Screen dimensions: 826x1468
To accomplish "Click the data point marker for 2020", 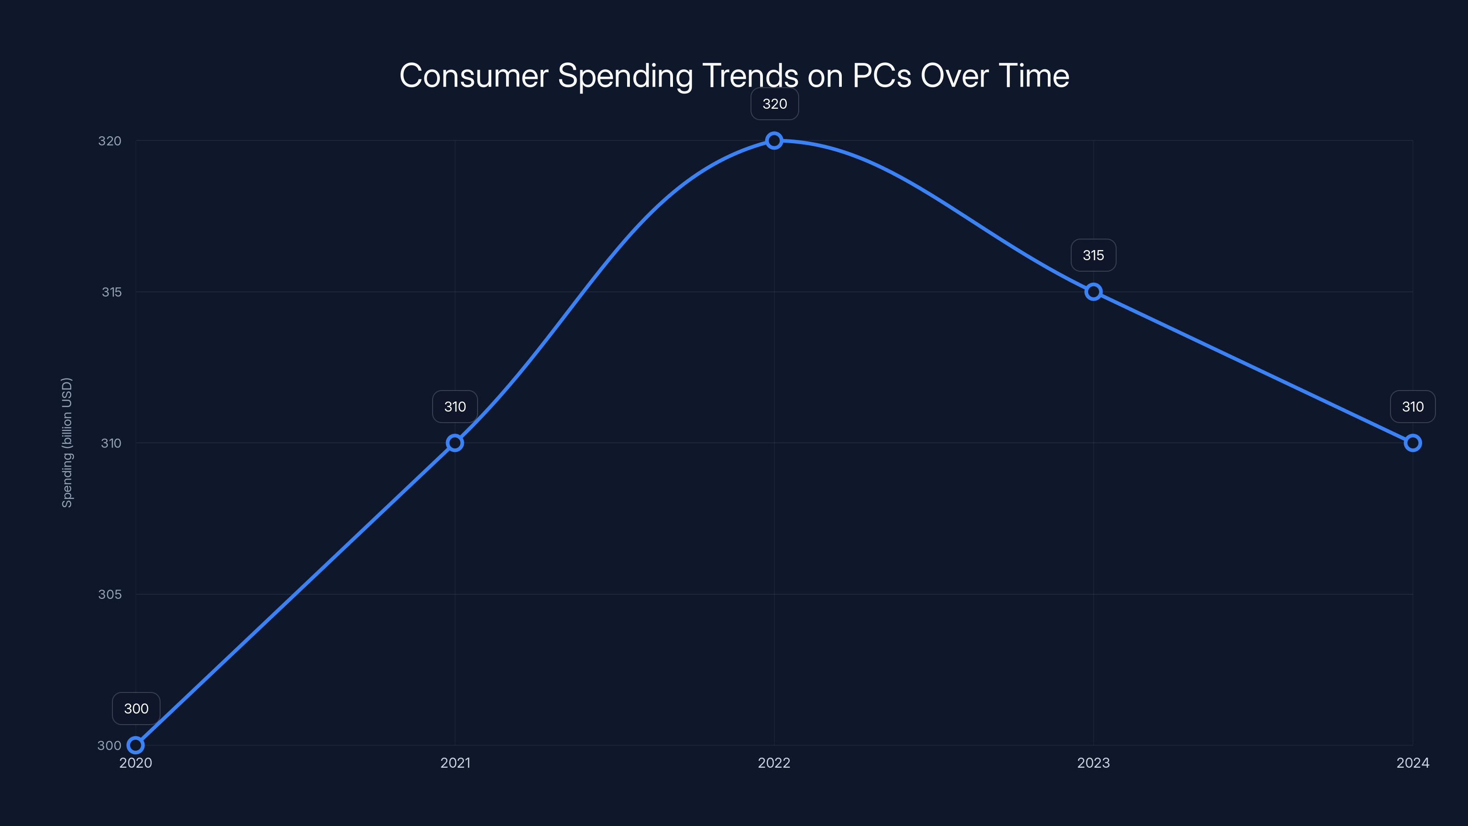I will coord(136,745).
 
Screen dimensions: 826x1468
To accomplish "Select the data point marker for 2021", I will coord(455,443).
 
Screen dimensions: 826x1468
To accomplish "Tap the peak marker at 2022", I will coord(774,141).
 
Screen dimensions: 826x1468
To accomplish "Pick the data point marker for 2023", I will coord(1093,292).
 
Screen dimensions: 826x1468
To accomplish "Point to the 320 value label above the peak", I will coord(774,104).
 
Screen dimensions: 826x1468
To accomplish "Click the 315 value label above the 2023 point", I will coord(1093,256).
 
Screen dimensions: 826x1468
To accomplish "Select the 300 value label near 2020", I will coord(136,709).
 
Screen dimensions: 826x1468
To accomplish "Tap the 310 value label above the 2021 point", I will coord(455,407).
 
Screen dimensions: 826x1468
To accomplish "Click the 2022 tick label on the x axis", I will coord(774,763).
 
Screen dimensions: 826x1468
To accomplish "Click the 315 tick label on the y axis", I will coord(111,292).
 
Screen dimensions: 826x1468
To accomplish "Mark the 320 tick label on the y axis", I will coord(110,141).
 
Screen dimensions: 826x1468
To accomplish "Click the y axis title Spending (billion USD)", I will coord(67,442).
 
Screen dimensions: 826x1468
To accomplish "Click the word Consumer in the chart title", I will coord(473,76).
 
